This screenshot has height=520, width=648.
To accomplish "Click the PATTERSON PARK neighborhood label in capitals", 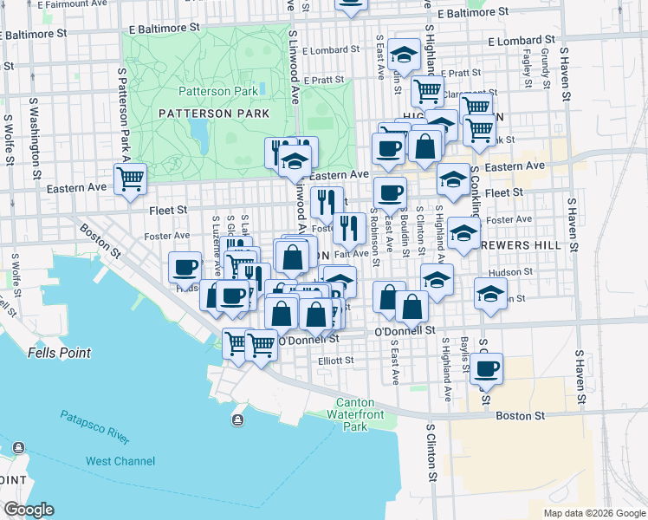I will pyautogui.click(x=214, y=114).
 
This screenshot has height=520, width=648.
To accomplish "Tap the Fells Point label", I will pyautogui.click(x=59, y=353).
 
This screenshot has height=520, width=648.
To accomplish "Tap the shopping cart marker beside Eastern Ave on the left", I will pyautogui.click(x=130, y=179).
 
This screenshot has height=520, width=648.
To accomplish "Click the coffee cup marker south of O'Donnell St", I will pyautogui.click(x=487, y=367).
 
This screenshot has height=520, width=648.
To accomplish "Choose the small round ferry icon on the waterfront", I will pyautogui.click(x=237, y=420).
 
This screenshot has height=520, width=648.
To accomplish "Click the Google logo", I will pyautogui.click(x=29, y=510).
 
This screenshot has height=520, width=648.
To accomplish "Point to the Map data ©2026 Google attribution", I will pyautogui.click(x=593, y=513).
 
